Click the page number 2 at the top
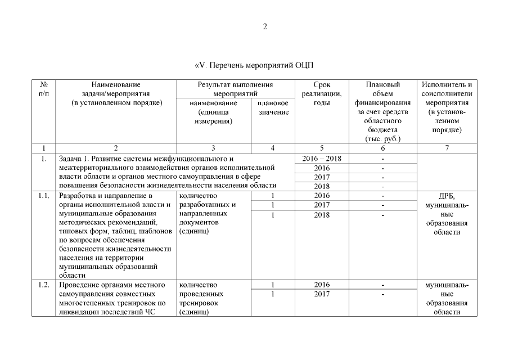point(265,26)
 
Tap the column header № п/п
point(43,89)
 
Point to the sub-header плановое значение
point(273,107)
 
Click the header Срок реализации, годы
point(322,93)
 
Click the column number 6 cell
point(382,148)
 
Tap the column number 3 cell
point(213,148)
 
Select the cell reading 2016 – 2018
point(322,159)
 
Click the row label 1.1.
point(43,196)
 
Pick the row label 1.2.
point(43,285)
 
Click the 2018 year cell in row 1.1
point(322,214)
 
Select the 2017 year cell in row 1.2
point(322,294)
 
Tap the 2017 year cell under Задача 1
point(322,177)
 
